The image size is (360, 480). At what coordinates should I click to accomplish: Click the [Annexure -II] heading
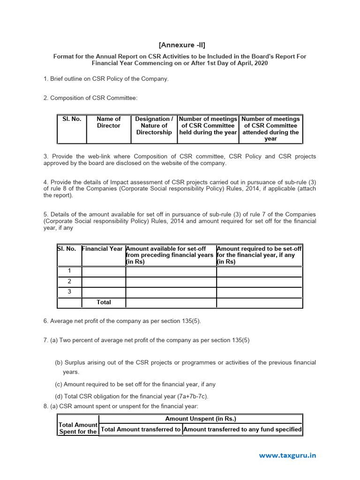[x=181, y=45]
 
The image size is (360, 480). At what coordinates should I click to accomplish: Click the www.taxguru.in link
[x=287, y=455]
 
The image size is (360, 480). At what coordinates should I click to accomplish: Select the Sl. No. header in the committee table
[x=72, y=119]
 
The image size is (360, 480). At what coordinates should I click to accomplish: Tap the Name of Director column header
[x=108, y=122]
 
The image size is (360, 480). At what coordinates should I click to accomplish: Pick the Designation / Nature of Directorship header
[x=154, y=126]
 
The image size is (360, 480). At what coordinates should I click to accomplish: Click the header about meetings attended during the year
[x=270, y=129]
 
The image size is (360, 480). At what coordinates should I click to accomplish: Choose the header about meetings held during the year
[x=208, y=126]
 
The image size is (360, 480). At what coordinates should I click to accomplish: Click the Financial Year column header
[x=103, y=249]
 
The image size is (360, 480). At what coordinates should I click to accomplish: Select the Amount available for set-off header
[x=170, y=255]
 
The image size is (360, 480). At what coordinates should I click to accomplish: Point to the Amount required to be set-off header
[x=259, y=255]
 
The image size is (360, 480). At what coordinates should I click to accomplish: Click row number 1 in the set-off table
[x=69, y=271]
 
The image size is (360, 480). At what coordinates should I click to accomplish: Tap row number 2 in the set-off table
[x=69, y=281]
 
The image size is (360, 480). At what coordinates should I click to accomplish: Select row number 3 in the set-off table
[x=69, y=292]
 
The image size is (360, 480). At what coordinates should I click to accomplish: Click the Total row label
[x=104, y=302]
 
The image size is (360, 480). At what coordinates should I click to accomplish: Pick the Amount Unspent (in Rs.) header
[x=201, y=419]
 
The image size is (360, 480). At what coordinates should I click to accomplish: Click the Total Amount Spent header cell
[x=78, y=428]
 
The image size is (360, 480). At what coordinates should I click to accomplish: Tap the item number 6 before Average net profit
[x=45, y=321]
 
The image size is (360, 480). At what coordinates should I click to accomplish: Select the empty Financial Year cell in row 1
[x=104, y=271]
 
